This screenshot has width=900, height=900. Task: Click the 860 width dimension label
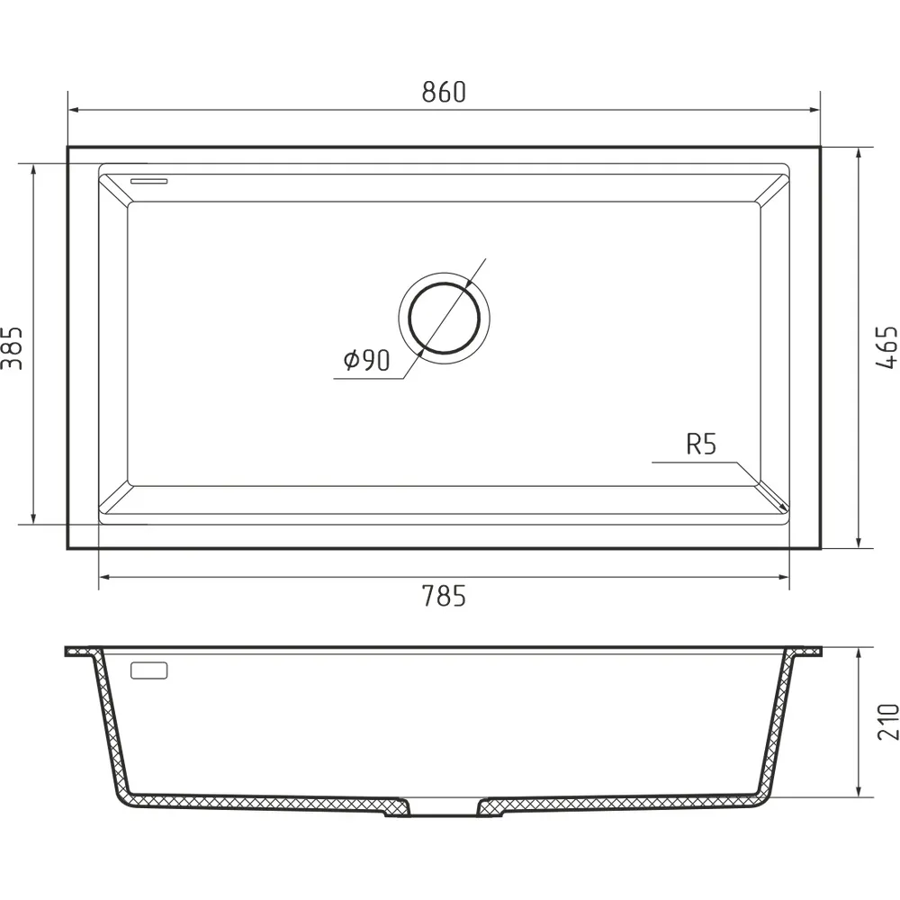click(x=444, y=93)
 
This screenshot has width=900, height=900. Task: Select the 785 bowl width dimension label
click(x=444, y=596)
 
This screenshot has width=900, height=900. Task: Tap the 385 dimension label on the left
click(x=12, y=348)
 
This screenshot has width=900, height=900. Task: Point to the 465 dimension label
click(x=886, y=347)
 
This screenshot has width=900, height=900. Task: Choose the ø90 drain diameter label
click(x=367, y=360)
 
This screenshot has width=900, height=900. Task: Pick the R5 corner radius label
click(x=701, y=444)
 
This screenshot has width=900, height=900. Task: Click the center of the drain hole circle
click(x=445, y=318)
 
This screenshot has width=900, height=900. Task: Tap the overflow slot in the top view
click(x=149, y=182)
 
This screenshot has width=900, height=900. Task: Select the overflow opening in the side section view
click(x=149, y=670)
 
